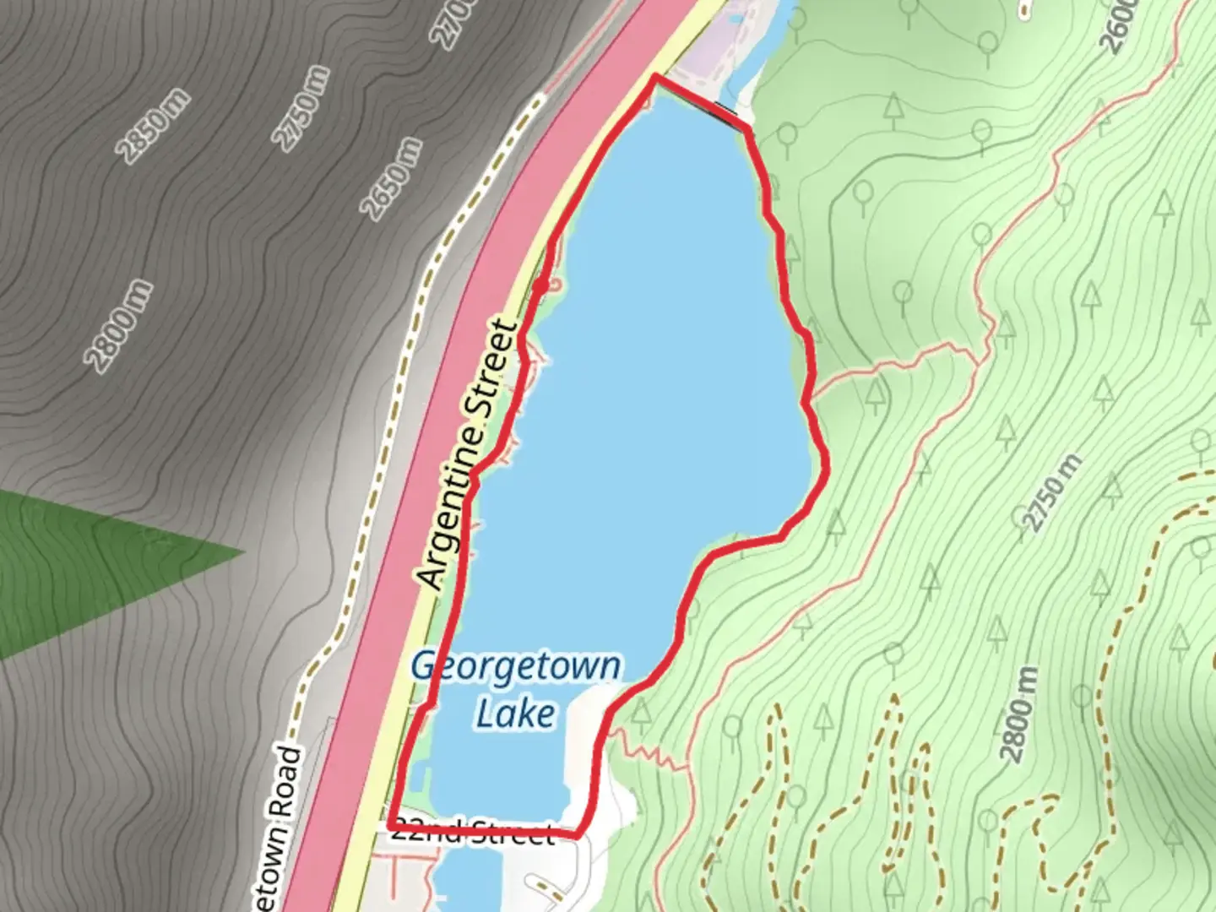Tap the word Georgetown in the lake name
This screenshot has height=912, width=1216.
tap(515, 667)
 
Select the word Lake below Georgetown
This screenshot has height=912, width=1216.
tap(515, 714)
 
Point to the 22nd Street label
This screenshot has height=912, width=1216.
tap(473, 833)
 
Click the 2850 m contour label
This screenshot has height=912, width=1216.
tap(154, 127)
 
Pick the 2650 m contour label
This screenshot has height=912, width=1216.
tap(391, 177)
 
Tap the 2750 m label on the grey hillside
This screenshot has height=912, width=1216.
tap(302, 108)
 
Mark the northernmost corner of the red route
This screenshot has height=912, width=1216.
tap(655, 77)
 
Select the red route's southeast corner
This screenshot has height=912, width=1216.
tap(578, 835)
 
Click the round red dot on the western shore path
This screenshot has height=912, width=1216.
tap(539, 290)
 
